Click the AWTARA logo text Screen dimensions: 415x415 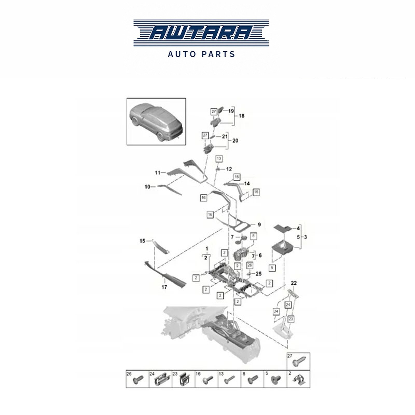click(x=201, y=33)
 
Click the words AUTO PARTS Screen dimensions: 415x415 click(x=201, y=54)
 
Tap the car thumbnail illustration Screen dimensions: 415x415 click(x=156, y=121)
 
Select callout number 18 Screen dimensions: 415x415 click(x=241, y=116)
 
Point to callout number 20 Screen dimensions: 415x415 click(x=235, y=141)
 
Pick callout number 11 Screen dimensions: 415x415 click(x=158, y=173)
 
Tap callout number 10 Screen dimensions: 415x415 click(x=147, y=187)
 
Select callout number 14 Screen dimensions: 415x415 click(x=247, y=184)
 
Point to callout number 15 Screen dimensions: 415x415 click(x=142, y=241)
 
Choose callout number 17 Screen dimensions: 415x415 click(x=164, y=287)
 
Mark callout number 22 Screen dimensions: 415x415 click(x=294, y=283)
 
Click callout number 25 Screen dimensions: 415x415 click(x=259, y=274)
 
